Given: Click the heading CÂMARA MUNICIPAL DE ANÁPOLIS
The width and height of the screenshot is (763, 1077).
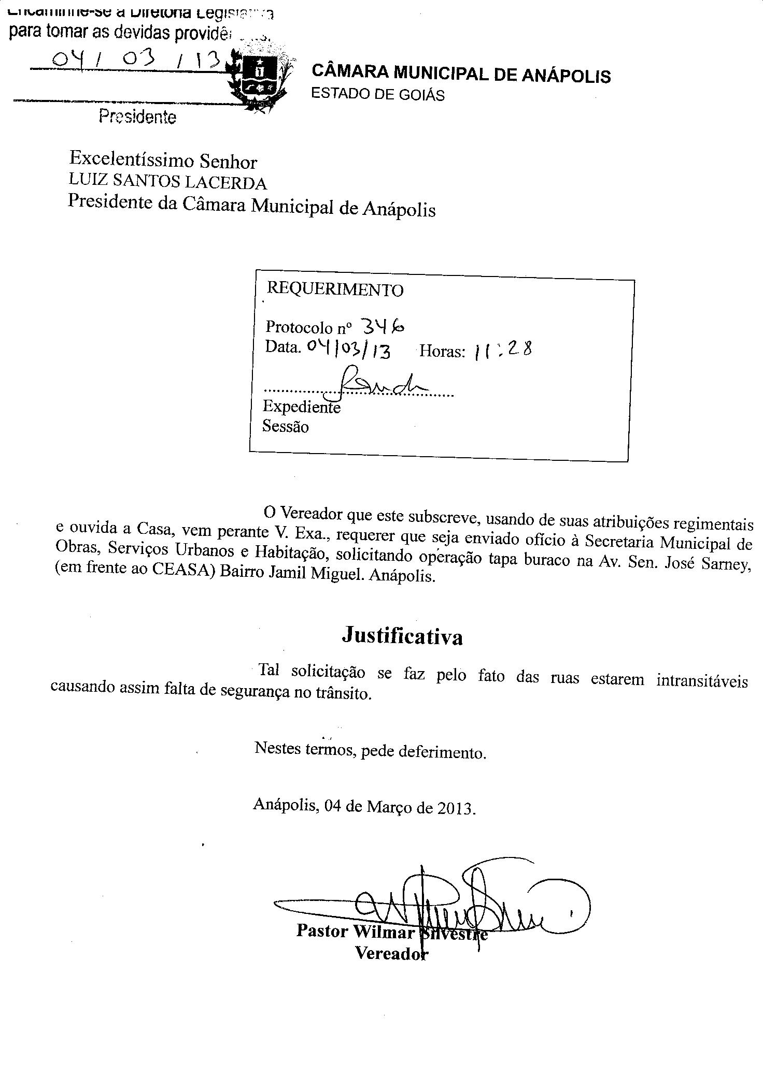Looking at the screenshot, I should click(x=461, y=74).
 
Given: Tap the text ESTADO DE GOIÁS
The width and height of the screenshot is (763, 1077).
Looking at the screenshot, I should click(x=377, y=95).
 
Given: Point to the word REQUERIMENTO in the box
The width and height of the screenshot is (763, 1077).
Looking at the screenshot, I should click(x=334, y=289).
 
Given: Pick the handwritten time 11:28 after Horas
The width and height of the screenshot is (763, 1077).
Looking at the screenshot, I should click(x=502, y=351).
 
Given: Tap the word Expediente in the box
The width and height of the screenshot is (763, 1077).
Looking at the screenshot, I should click(x=301, y=406).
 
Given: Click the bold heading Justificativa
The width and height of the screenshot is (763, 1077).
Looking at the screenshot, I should click(x=402, y=636).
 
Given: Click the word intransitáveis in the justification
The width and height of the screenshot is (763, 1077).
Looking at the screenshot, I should click(x=702, y=680).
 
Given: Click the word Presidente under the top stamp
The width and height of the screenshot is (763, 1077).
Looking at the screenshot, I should click(x=137, y=117).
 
